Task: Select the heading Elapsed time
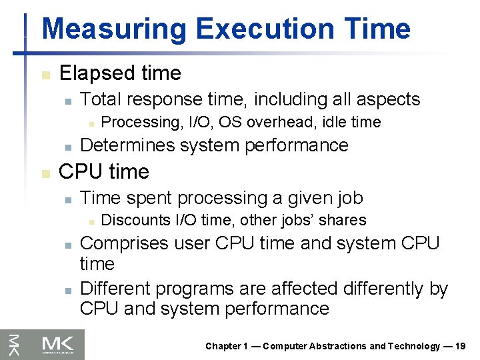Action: [120, 73]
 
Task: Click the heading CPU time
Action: [104, 171]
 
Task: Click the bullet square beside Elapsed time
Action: [45, 74]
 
